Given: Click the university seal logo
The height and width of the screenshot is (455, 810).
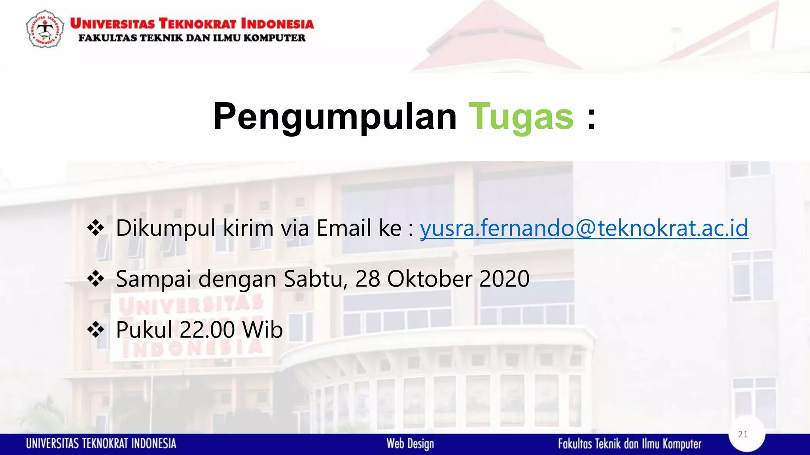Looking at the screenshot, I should pos(45,29).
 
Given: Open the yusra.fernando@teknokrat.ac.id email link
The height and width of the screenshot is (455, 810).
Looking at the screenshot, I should pos(584,228).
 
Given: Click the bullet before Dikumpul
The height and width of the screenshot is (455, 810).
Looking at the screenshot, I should pos(96,228).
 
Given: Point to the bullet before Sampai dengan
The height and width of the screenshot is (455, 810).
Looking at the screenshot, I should pos(96,279).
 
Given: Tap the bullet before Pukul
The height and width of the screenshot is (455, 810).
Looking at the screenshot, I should pos(96,329).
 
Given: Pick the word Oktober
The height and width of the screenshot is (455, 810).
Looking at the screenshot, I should pos(430,279).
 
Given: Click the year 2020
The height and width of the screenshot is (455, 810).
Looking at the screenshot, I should pos(504,279).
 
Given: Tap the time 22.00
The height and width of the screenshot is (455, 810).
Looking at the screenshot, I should pos(207,330).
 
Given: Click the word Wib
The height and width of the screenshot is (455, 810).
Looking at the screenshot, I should pos(263,330).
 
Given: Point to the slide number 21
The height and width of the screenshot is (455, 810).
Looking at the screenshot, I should pos(743,434).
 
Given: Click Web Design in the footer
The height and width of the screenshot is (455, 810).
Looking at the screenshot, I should pos(410,444).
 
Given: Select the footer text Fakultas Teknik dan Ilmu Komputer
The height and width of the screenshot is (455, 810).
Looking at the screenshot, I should pos(630,444).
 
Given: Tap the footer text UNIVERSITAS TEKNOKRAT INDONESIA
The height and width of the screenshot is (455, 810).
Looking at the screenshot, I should pos(101,444).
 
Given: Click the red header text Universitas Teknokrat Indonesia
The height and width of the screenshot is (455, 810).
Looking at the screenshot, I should pos(192,24).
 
